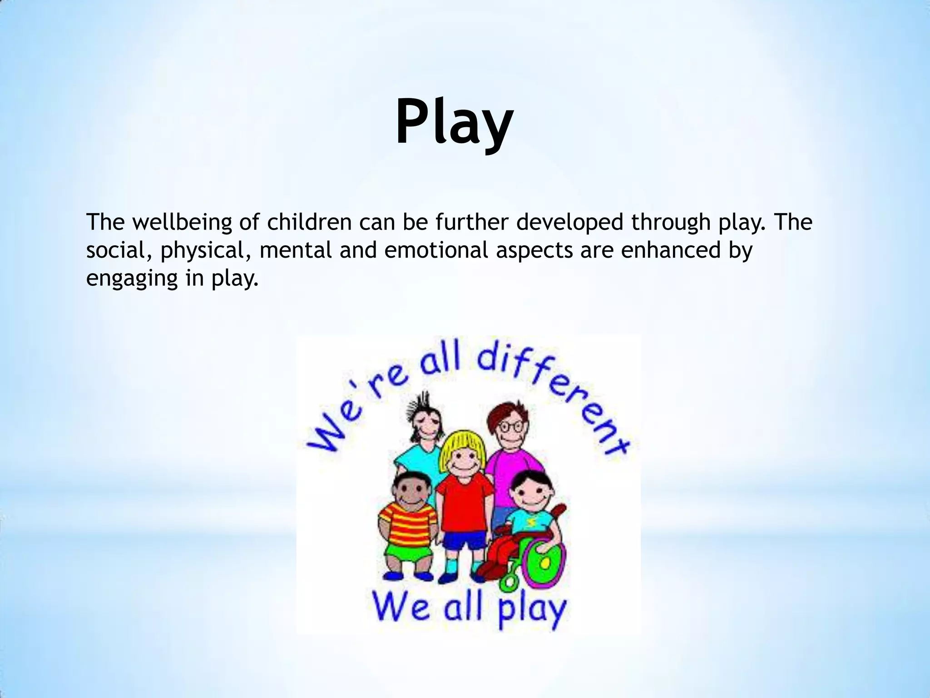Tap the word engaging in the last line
pos(131,279)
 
